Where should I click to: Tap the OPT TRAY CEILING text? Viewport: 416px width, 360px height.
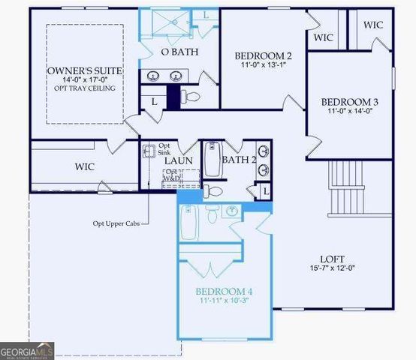point(84,88)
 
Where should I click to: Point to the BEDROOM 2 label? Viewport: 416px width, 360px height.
point(263,55)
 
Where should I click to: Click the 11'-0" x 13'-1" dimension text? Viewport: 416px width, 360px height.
point(263,65)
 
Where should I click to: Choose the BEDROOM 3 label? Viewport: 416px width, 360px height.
point(350,102)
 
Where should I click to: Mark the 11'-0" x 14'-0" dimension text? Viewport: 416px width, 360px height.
point(350,112)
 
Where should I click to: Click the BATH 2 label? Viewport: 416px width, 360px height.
point(240,159)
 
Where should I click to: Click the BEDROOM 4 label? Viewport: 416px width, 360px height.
point(225,291)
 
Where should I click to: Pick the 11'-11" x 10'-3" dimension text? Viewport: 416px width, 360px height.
point(225,301)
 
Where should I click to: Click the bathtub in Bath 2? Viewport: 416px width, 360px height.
point(213,158)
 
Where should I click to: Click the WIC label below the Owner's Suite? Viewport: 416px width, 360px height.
point(84,166)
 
